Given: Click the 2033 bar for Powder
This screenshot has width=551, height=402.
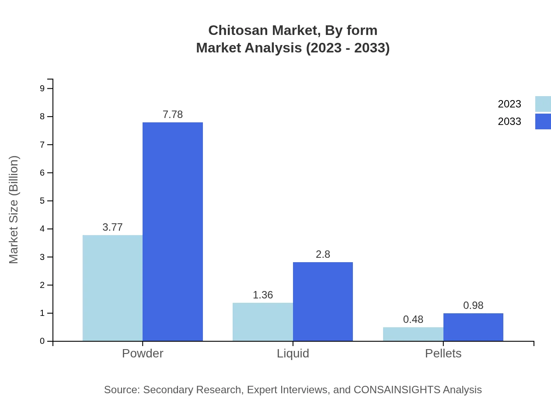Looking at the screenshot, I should point(173,232).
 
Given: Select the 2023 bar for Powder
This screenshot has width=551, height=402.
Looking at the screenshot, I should point(112,288).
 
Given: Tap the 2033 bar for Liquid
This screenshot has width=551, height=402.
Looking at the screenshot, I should point(323,301).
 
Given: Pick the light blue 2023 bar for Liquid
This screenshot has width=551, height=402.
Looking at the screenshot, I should point(262,322).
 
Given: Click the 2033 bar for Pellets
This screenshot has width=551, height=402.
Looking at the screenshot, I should point(473,327).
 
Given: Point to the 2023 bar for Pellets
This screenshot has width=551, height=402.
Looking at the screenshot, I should point(413,334).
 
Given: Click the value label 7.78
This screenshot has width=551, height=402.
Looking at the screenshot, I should point(173,114).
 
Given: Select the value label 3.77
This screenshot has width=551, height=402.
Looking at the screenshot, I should point(112,227).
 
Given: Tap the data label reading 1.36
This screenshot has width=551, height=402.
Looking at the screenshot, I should point(263,295).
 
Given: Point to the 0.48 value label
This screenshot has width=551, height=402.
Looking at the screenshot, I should point(413,319).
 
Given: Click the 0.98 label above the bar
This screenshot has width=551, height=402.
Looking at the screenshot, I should point(473,305).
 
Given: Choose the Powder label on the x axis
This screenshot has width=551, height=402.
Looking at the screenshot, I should point(143,353).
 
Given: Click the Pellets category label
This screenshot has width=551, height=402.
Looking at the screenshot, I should point(443,353).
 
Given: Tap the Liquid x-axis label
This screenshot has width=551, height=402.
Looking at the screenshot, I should point(293,353).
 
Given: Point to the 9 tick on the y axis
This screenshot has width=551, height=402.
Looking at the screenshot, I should point(42,88).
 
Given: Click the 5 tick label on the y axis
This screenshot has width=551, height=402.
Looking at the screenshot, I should point(42,201).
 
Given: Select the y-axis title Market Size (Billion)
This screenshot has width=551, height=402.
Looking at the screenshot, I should point(14,210).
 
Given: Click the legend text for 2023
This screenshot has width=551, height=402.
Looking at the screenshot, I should point(509,104).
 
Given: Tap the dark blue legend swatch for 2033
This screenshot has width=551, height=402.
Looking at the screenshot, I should point(543,121).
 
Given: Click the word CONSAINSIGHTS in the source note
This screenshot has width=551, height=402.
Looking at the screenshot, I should point(396,390).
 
